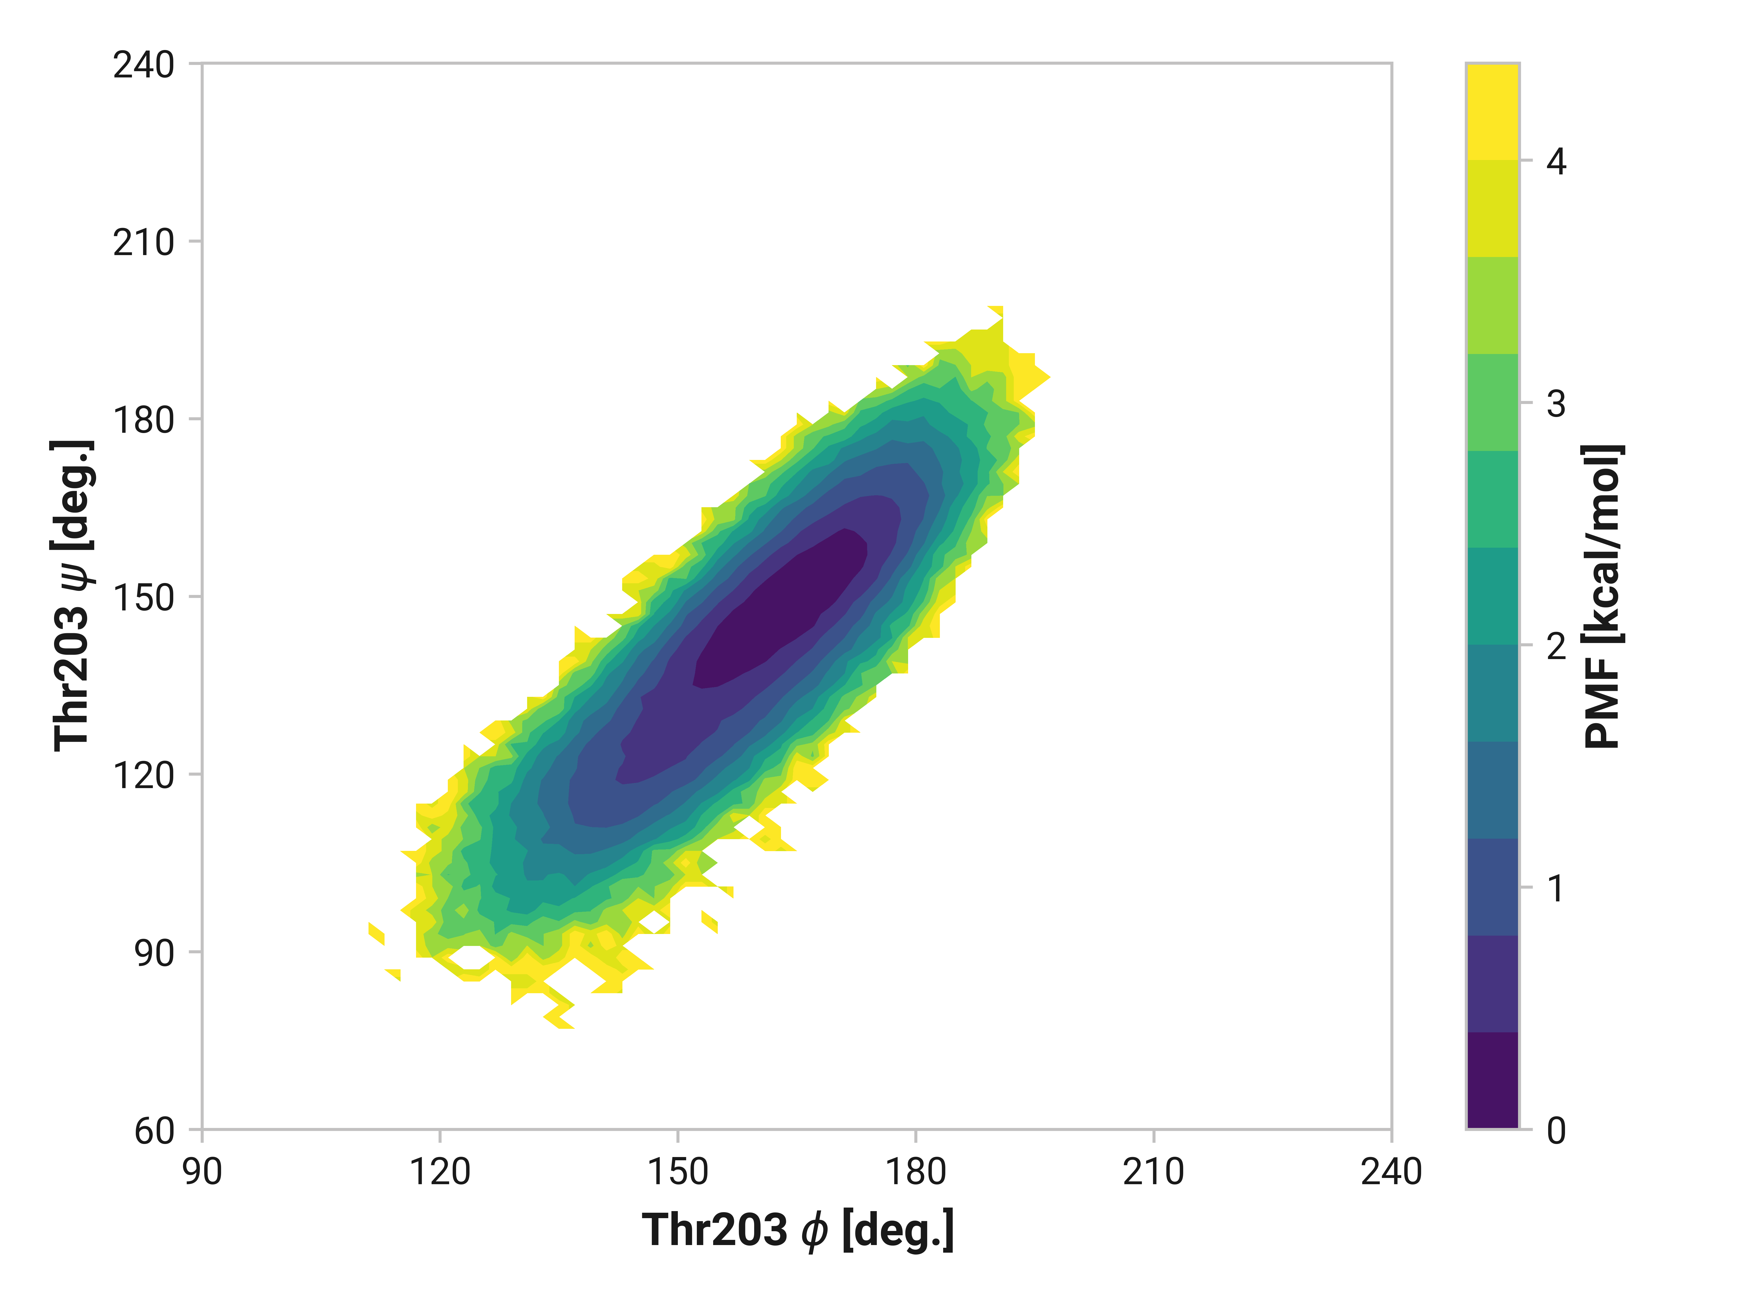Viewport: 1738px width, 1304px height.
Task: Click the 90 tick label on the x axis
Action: click(203, 1172)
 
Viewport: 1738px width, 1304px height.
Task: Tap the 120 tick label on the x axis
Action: click(440, 1172)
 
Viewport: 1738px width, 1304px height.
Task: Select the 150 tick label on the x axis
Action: click(677, 1172)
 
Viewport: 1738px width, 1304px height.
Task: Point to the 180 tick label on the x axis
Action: click(915, 1172)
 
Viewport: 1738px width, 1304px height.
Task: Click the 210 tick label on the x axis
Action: click(1153, 1172)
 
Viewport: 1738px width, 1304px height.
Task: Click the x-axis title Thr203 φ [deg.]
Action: click(798, 1230)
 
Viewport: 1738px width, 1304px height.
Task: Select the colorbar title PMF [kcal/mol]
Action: click(1603, 596)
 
